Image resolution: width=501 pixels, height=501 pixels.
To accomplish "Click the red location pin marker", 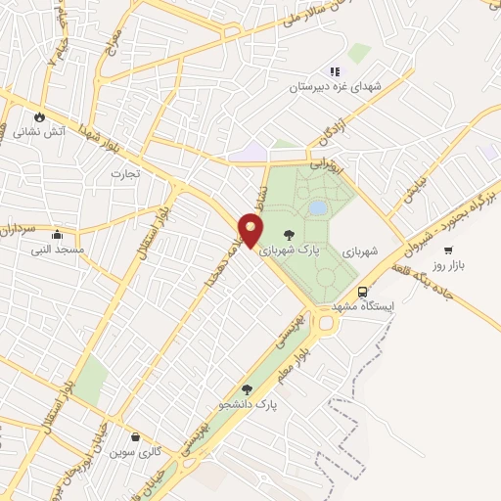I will coord(251,231).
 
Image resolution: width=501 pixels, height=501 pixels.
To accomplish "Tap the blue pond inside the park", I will coord(318,207).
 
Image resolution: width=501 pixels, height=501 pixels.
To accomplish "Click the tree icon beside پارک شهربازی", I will coord(289,234).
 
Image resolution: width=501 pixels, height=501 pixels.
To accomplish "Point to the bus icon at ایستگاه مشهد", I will coord(362,292).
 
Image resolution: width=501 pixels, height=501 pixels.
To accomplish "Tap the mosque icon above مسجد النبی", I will coord(57,235).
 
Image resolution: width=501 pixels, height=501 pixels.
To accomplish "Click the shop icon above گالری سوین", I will coord(135,436).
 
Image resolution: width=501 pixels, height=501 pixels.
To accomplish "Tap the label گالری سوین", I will coord(135,452).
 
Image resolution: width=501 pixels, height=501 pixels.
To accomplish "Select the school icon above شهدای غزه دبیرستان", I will coord(334,71).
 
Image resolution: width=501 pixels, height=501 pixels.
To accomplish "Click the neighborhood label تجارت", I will coord(125,174).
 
